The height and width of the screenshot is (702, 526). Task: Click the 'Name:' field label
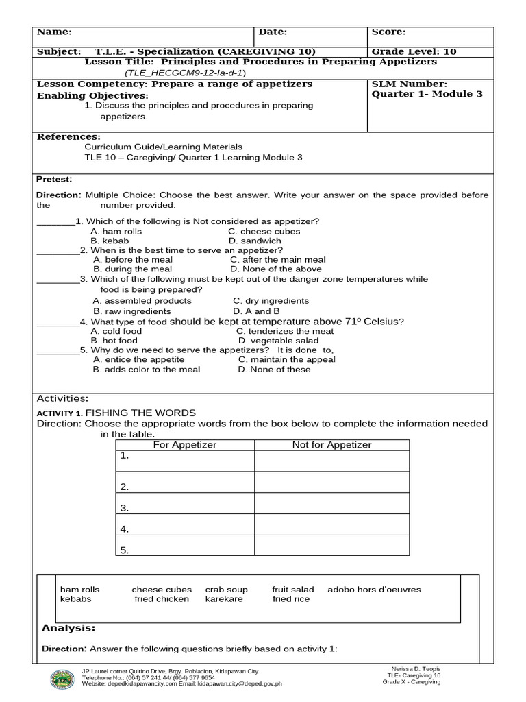tap(54, 32)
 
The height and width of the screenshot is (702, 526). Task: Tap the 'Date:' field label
tap(273, 32)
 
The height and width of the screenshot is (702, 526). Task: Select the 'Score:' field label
tap(388, 32)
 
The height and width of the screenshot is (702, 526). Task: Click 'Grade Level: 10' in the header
tap(414, 51)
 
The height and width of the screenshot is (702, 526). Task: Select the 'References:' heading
tap(68, 136)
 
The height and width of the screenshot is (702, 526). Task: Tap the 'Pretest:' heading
tap(54, 179)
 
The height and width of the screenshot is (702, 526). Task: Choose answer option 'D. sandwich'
tap(255, 241)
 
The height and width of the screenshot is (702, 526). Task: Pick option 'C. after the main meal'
tap(277, 260)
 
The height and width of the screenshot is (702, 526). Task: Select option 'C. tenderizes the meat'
tap(281, 331)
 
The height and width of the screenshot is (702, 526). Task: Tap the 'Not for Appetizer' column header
tap(331, 445)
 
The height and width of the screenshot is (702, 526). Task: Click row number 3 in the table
tap(125, 508)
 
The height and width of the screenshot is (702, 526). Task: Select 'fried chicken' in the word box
tap(162, 598)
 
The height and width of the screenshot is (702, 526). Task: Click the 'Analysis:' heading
tap(68, 628)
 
